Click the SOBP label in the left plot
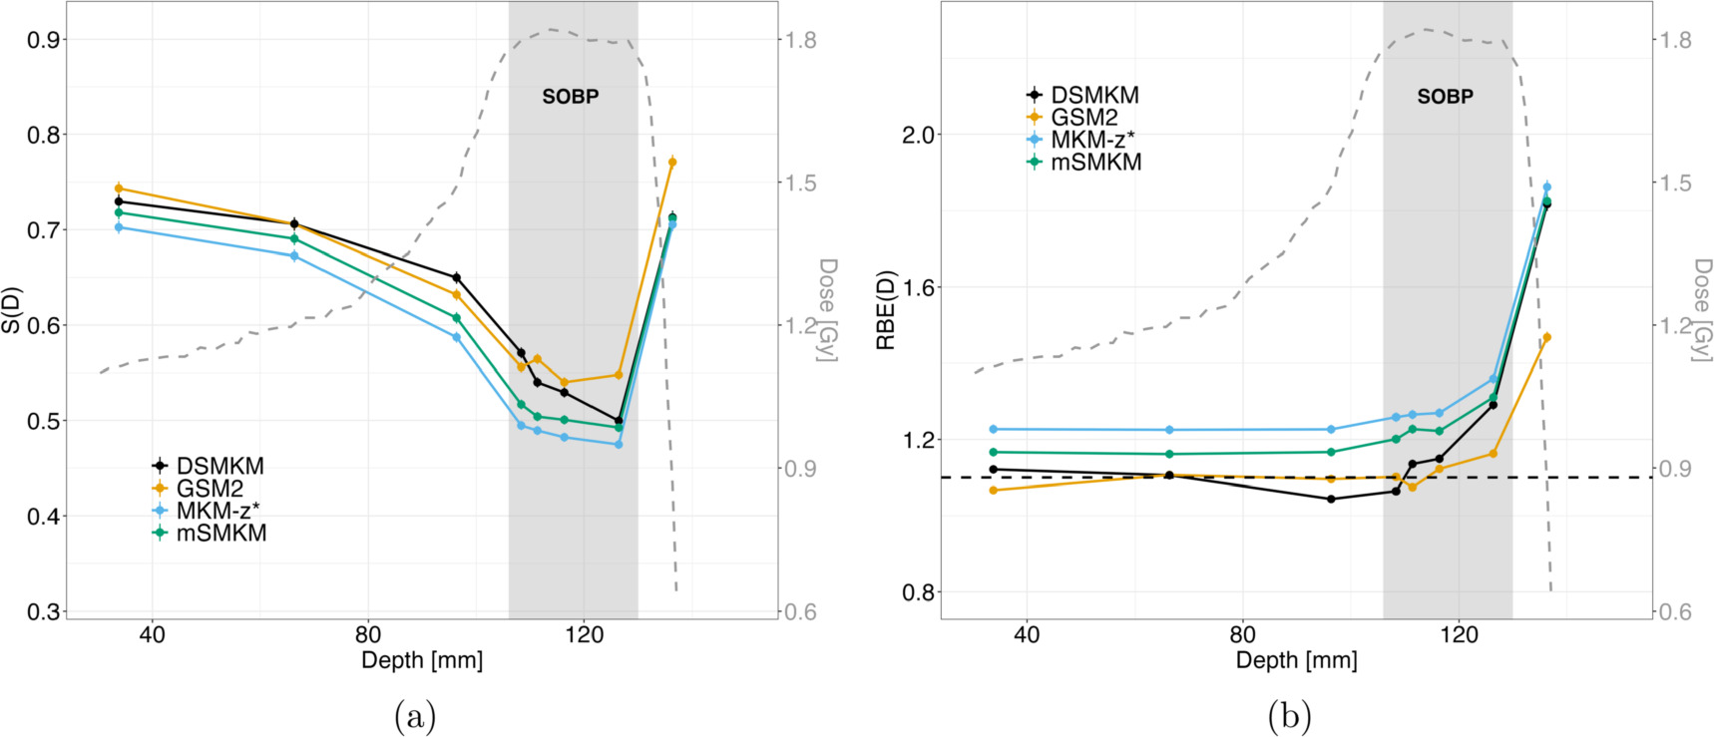click(x=570, y=97)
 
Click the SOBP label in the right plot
click(x=1445, y=97)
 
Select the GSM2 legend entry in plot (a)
click(x=210, y=489)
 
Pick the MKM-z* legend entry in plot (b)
click(x=1091, y=140)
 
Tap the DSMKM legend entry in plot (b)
click(x=1094, y=95)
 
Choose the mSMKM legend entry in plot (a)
click(x=220, y=534)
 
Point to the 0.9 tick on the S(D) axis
click(x=43, y=40)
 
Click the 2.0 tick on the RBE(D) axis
click(x=917, y=135)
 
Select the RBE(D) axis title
click(x=886, y=310)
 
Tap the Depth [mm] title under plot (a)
click(x=422, y=660)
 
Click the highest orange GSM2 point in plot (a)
click(x=672, y=162)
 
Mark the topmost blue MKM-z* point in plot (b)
click(x=1546, y=186)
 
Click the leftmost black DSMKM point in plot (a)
click(x=119, y=201)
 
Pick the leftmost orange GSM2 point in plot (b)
click(x=993, y=490)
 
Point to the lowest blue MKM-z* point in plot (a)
click(x=619, y=444)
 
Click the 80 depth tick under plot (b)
click(x=1242, y=634)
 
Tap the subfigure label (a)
click(x=415, y=716)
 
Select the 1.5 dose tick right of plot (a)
click(x=800, y=183)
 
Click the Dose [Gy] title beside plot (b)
click(x=1701, y=310)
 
